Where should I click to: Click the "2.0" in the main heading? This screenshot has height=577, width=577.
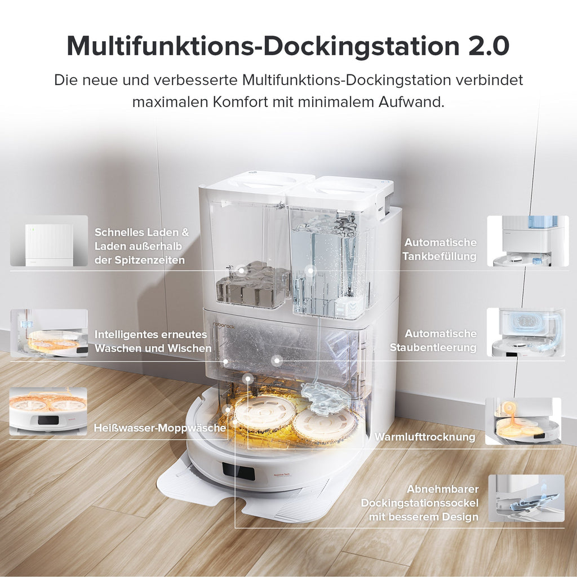[489, 46]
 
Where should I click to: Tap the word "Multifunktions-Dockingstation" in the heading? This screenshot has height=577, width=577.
[263, 46]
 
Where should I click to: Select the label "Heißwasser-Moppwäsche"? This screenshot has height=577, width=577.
[160, 428]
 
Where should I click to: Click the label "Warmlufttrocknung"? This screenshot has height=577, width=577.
[425, 437]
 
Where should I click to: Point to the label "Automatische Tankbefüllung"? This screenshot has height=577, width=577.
[440, 249]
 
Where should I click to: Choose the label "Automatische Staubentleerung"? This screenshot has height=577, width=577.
[433, 340]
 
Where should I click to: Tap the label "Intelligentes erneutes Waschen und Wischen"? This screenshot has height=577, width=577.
[153, 341]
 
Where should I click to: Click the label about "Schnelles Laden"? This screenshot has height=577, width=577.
[142, 246]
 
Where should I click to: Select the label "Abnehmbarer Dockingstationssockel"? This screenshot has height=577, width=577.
[420, 503]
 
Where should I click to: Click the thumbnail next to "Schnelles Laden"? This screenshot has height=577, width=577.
[49, 241]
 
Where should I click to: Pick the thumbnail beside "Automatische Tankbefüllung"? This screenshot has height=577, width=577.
[527, 241]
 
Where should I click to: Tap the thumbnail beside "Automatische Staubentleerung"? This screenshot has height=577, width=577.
[526, 332]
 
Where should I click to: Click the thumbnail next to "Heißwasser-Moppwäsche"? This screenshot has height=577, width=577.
[48, 411]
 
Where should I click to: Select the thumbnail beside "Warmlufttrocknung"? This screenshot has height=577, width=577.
[523, 421]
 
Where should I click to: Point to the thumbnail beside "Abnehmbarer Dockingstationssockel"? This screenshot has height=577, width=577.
[526, 498]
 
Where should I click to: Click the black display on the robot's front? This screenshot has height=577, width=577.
[238, 471]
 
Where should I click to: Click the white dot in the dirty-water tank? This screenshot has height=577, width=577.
[241, 270]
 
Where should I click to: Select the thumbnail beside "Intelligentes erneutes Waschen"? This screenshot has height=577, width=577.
[49, 333]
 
